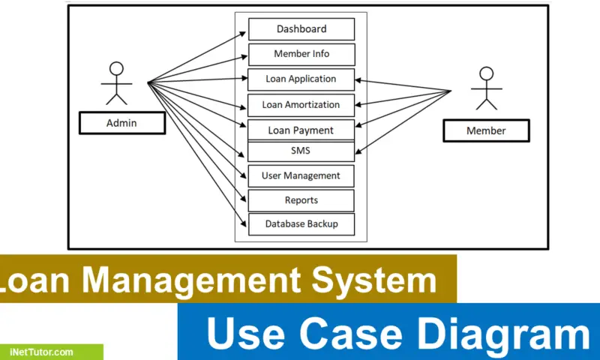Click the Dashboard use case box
[x=301, y=29]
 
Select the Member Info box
[x=301, y=54]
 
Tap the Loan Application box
[x=301, y=79]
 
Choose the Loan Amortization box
[x=301, y=105]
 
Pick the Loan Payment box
[x=301, y=130]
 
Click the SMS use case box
[x=301, y=151]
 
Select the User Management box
[x=301, y=175]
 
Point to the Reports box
[x=301, y=200]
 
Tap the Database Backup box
[x=301, y=223]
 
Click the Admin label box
[x=121, y=123]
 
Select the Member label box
[x=486, y=130]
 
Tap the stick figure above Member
[x=486, y=88]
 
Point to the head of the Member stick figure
[x=486, y=73]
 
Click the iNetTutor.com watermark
[x=42, y=352]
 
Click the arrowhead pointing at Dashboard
[x=244, y=32]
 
